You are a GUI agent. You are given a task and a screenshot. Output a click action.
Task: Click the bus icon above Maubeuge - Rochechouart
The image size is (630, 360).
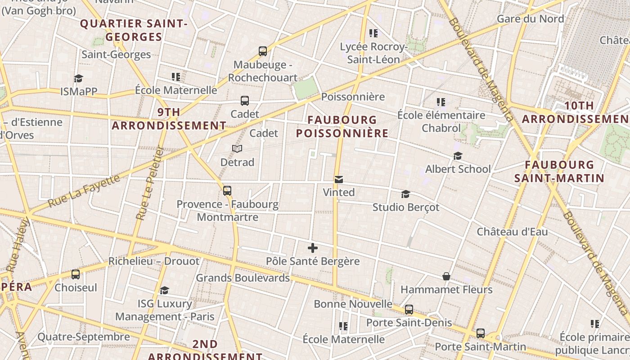263,51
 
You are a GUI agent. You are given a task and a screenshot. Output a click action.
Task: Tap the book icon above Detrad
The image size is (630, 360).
237,148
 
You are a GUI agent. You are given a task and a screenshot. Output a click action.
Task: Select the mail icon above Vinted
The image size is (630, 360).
339,180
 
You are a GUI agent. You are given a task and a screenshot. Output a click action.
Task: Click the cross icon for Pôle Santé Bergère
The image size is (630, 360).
313,248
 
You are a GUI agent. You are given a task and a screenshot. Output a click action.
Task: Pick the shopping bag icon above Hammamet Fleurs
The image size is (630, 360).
446,276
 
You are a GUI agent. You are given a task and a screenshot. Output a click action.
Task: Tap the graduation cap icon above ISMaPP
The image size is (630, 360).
79,79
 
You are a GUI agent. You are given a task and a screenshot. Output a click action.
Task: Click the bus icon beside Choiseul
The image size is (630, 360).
76,274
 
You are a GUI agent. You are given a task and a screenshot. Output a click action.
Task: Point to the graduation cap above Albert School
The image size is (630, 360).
458,156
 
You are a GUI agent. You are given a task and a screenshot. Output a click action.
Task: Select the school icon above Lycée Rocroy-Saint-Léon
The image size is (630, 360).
373,33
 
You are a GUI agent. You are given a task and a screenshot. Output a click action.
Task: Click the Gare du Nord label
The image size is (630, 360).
530,19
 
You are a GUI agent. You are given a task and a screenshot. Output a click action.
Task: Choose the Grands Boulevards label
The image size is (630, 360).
243,278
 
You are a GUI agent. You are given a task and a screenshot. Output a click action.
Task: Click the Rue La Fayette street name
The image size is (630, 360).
84,191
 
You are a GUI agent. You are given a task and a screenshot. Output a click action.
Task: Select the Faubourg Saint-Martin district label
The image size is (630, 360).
559,171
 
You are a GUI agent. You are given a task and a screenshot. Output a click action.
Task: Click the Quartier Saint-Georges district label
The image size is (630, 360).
134,30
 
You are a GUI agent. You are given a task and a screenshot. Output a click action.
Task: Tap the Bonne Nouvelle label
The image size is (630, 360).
353,304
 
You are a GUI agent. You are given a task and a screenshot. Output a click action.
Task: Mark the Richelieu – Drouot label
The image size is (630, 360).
153,261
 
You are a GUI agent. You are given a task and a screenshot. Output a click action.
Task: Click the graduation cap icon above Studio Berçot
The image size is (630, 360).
405,194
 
